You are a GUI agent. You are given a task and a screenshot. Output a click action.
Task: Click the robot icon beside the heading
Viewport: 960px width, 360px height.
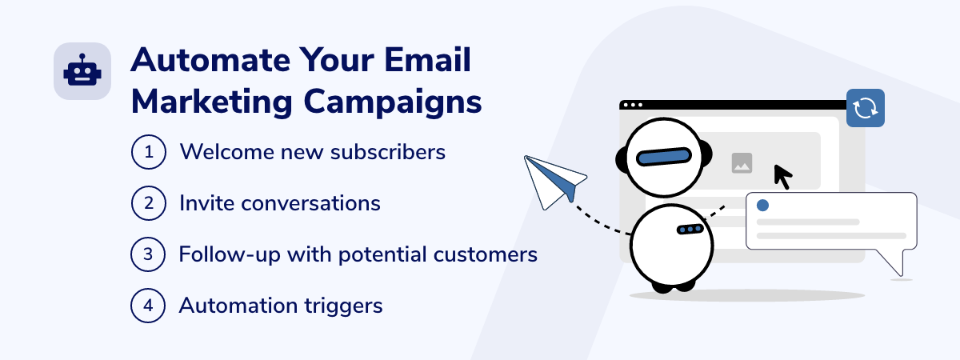click(82, 71)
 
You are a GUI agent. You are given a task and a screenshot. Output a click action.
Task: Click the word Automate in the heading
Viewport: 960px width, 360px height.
click(210, 59)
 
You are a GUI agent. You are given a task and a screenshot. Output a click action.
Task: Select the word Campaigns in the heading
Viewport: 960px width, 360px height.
click(393, 103)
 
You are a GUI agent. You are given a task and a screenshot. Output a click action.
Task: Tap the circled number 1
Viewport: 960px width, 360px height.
click(149, 152)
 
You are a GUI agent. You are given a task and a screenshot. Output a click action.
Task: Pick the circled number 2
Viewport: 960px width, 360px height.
click(149, 203)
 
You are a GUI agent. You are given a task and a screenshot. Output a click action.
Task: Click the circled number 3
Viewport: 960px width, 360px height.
click(148, 254)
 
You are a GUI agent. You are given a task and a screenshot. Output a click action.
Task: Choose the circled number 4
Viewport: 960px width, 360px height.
click(148, 306)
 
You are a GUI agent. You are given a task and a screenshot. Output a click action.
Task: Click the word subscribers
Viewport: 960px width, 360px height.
click(388, 152)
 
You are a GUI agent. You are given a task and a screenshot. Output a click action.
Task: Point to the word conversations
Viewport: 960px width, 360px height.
click(310, 203)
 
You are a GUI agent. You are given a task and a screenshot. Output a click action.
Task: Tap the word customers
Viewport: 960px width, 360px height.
click(485, 254)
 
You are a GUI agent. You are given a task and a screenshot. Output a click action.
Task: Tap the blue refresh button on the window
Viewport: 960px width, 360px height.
click(866, 108)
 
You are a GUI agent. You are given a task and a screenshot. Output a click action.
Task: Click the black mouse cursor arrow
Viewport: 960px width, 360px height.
click(782, 177)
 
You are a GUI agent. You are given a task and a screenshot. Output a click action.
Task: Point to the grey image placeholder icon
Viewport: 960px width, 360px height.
click(742, 163)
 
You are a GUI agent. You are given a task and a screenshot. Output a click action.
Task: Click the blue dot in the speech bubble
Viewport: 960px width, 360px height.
click(762, 206)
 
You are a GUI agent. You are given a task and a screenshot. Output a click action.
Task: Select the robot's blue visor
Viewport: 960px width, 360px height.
click(663, 157)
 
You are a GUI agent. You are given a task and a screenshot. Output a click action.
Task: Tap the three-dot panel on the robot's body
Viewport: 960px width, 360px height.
click(690, 230)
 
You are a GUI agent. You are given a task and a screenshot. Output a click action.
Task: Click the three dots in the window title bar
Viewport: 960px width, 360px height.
click(633, 105)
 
